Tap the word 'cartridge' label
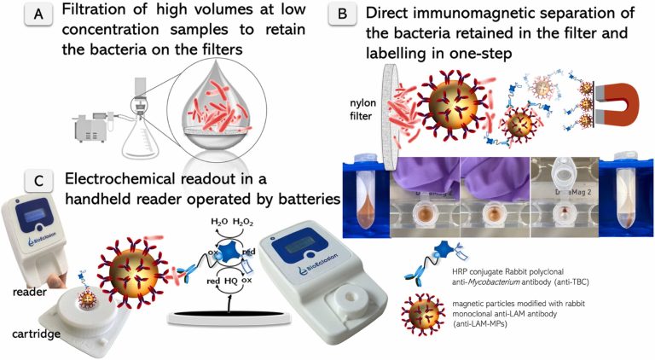pos(32,334)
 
